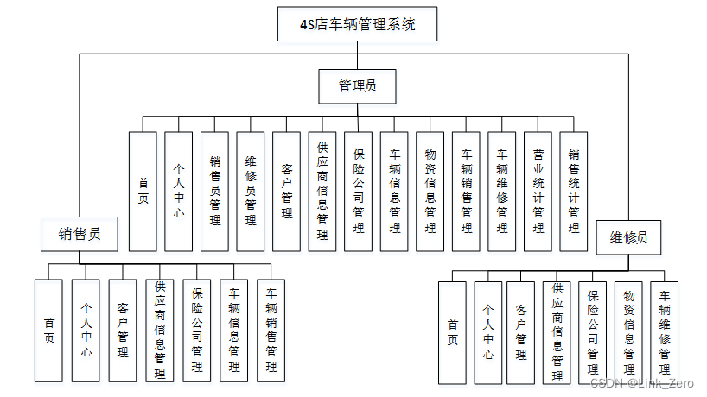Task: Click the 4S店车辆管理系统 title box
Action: (x=357, y=24)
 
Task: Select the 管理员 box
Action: (x=356, y=86)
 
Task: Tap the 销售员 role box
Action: (x=80, y=234)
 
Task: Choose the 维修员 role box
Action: (x=628, y=236)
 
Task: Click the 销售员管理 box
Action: (x=215, y=191)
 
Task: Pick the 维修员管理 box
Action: (x=251, y=191)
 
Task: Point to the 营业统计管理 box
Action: (x=538, y=191)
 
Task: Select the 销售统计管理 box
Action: (x=574, y=191)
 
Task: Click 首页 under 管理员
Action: (x=143, y=191)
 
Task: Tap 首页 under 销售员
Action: (x=48, y=330)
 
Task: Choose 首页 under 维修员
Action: (x=452, y=332)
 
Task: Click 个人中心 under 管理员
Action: (x=179, y=191)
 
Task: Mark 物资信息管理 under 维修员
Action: (x=628, y=332)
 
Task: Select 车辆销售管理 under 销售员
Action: (x=271, y=330)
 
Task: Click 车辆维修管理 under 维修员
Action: (x=664, y=332)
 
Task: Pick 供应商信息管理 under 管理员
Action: (x=322, y=191)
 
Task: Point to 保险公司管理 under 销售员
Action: (x=196, y=330)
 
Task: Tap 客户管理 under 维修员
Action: (x=521, y=332)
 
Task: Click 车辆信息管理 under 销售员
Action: (x=233, y=330)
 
